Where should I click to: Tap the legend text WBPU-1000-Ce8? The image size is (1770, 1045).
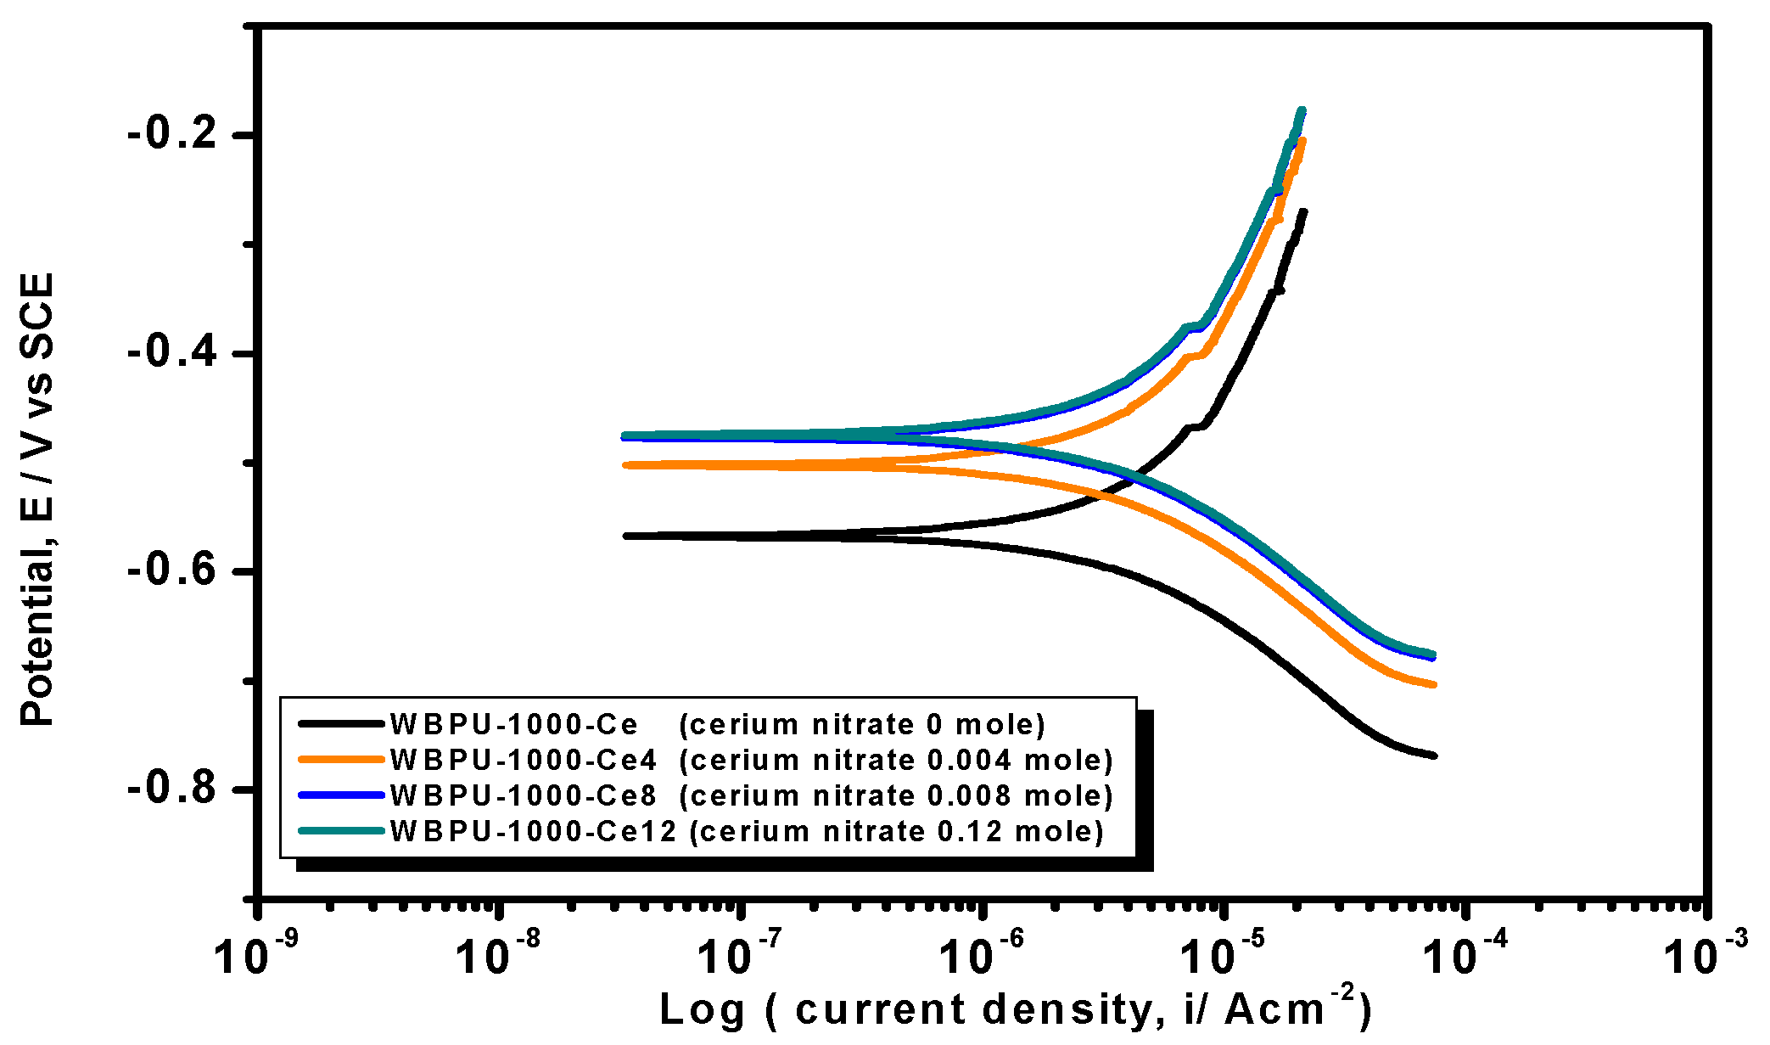(523, 795)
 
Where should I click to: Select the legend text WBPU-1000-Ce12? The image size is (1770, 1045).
(533, 831)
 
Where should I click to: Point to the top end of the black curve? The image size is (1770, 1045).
(1303, 211)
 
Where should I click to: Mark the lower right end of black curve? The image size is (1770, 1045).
(1433, 755)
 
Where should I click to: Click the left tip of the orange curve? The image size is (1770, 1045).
(626, 465)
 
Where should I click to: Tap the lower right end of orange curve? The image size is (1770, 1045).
(1433, 683)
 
